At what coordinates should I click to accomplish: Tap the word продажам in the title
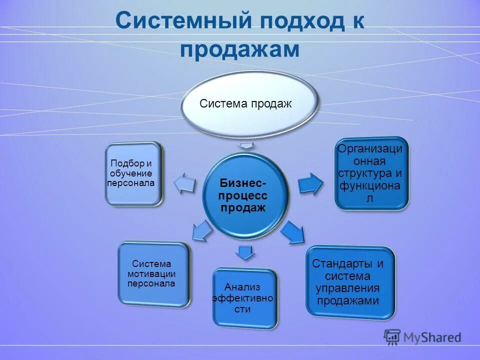point(240,50)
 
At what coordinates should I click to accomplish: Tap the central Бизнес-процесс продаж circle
point(245,195)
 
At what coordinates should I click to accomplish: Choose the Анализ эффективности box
point(244,297)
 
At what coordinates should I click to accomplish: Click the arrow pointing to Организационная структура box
point(310,183)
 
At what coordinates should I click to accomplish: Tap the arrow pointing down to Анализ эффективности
point(244,252)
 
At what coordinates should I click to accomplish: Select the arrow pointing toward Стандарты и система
point(293,232)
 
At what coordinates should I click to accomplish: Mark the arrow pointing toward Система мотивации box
point(201,231)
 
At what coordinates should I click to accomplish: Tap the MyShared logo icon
point(392,337)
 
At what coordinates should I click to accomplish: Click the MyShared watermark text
point(432,337)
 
